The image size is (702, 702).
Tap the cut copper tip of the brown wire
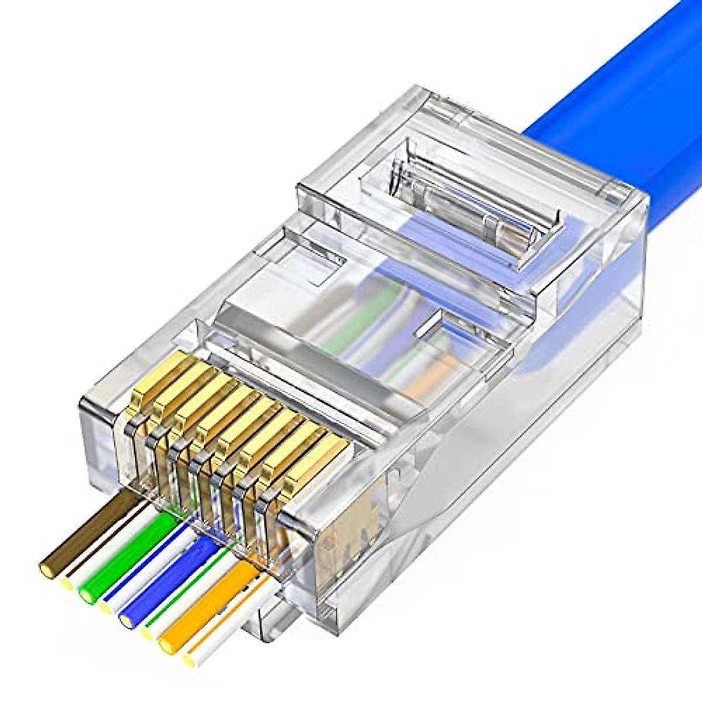click(47, 566)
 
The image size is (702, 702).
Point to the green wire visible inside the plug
click(351, 328)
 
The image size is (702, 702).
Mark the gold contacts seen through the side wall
click(351, 526)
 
